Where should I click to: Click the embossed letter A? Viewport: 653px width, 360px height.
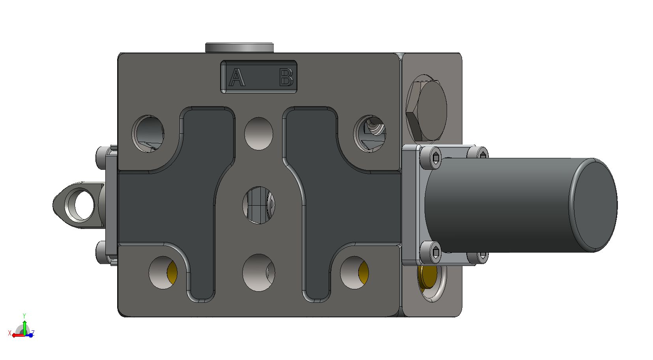pos(237,77)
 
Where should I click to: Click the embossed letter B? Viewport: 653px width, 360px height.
pos(286,77)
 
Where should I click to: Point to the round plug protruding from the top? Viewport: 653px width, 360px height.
pos(239,47)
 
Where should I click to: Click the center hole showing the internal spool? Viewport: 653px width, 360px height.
pos(258,205)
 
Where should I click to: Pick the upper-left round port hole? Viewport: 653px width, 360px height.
pos(148,134)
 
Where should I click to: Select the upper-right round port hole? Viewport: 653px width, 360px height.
pos(370,134)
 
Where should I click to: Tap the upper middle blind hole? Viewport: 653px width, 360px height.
pos(258,133)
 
